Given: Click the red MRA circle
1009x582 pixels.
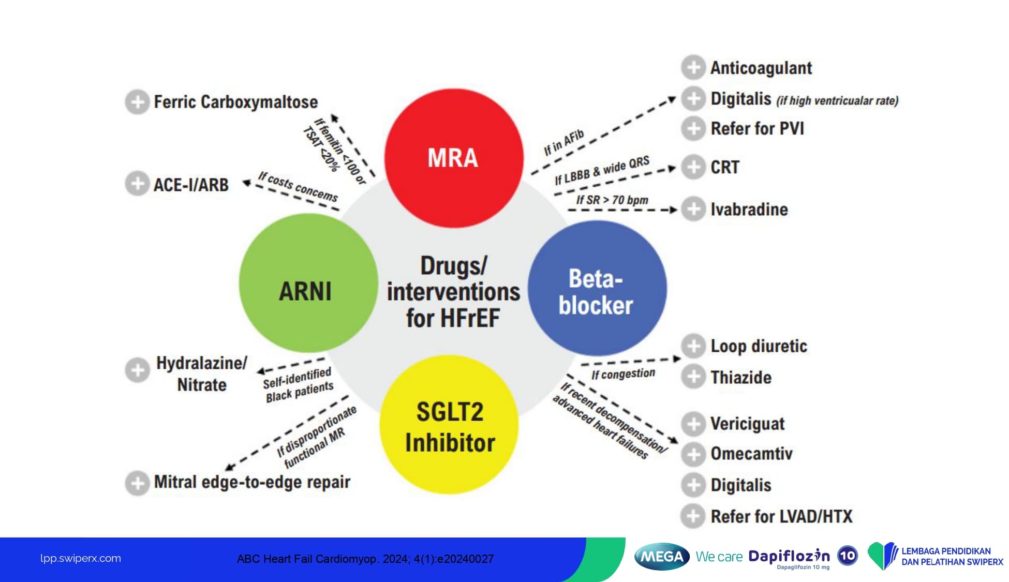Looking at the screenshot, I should pyautogui.click(x=453, y=158).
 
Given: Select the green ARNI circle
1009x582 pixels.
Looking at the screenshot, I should pyautogui.click(x=308, y=283).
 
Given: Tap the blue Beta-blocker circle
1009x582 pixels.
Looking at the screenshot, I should pyautogui.click(x=597, y=289).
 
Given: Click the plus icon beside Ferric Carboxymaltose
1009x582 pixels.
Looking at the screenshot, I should pyautogui.click(x=137, y=102).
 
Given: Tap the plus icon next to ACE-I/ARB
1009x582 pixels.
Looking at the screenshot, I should pyautogui.click(x=137, y=184).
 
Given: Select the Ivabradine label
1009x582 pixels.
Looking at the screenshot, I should pyautogui.click(x=749, y=210).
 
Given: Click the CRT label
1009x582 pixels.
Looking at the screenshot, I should pyautogui.click(x=724, y=167).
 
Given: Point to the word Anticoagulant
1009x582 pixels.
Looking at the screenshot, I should pyautogui.click(x=761, y=68).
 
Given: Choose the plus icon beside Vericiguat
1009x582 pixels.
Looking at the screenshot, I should pyautogui.click(x=693, y=424).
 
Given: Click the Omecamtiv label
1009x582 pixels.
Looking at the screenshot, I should pyautogui.click(x=751, y=454).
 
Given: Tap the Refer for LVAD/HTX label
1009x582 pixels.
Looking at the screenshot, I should pyautogui.click(x=781, y=516).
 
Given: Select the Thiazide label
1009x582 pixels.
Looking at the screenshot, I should pyautogui.click(x=740, y=377).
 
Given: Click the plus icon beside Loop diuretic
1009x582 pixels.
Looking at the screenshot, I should pyautogui.click(x=693, y=346).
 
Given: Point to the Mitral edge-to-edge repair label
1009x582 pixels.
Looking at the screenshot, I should pyautogui.click(x=252, y=482).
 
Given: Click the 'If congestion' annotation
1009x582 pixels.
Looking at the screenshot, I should pyautogui.click(x=623, y=374).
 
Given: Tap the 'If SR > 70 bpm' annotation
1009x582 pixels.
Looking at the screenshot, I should pyautogui.click(x=612, y=200).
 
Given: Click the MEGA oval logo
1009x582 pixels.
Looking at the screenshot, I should pyautogui.click(x=661, y=557).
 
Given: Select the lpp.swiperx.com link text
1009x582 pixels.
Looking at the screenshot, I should pyautogui.click(x=81, y=558).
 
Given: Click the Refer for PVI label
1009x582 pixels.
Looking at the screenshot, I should pyautogui.click(x=757, y=128).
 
